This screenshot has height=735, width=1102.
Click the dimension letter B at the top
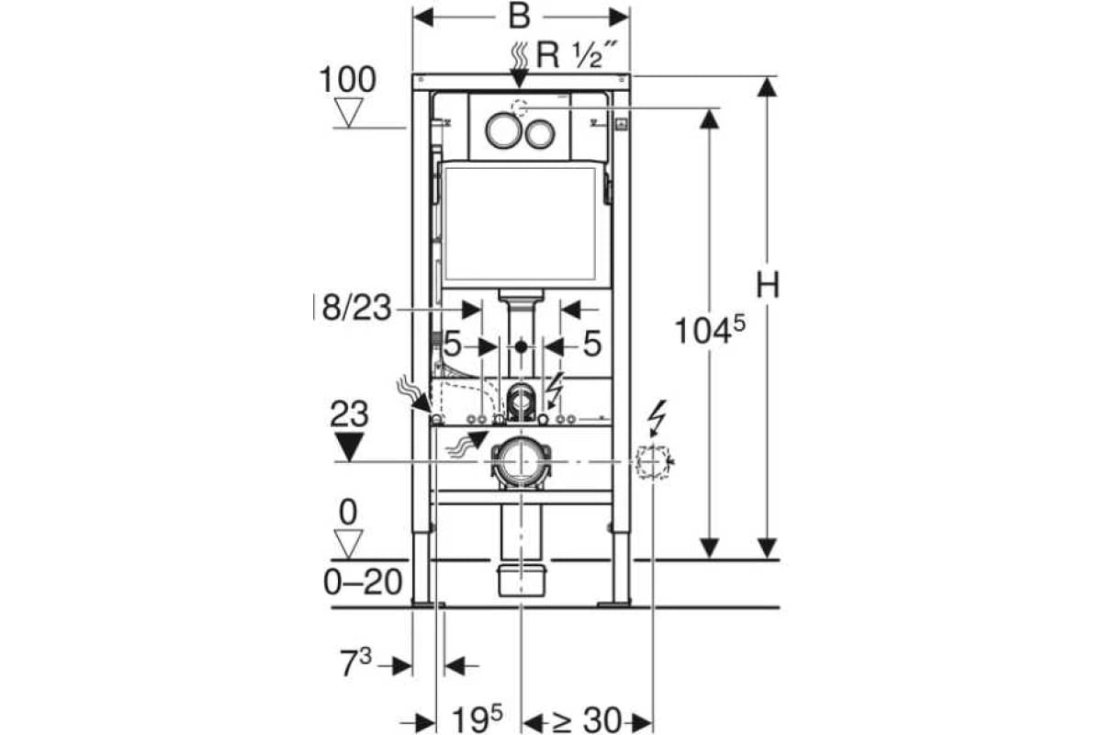(x=520, y=16)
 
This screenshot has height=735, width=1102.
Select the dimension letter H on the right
(x=768, y=286)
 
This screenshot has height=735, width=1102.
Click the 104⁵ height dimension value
(x=706, y=329)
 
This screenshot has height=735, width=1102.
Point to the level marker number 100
(x=347, y=80)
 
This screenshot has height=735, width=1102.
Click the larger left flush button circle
(x=503, y=130)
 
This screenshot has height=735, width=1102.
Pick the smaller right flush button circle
(x=540, y=134)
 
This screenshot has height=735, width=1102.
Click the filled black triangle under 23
(x=349, y=447)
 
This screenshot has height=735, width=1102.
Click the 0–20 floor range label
(x=365, y=582)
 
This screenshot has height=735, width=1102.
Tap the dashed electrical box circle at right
(x=653, y=461)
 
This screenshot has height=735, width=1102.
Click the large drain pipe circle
(x=521, y=462)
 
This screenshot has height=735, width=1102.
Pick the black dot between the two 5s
(x=521, y=347)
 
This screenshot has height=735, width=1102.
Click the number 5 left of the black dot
(x=452, y=346)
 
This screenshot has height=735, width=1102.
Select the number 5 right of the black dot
(x=591, y=346)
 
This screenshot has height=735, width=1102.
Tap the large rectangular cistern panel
(x=521, y=222)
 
